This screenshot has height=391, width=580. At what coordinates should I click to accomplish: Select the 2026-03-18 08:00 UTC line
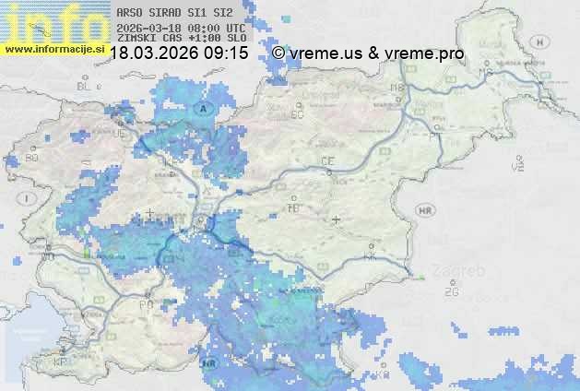pyautogui.click(x=180, y=28)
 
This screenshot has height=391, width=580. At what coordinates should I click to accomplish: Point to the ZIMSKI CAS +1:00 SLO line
pyautogui.click(x=180, y=40)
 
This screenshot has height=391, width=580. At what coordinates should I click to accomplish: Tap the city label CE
pyautogui.click(x=327, y=161)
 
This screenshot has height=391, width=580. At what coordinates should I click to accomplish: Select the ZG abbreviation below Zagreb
pyautogui.click(x=451, y=292)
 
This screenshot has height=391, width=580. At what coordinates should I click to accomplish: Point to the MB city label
pyautogui.click(x=398, y=88)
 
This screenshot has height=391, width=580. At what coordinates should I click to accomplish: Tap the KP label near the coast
pyautogui.click(x=61, y=361)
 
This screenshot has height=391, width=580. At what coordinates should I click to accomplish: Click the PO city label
pyautogui.click(x=145, y=304)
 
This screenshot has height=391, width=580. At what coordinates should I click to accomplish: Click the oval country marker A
pyautogui.click(x=202, y=108)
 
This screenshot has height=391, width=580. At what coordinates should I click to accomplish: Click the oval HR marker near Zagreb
pyautogui.click(x=425, y=210)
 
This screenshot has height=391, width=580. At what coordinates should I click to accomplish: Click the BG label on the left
pyautogui.click(x=32, y=158)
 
